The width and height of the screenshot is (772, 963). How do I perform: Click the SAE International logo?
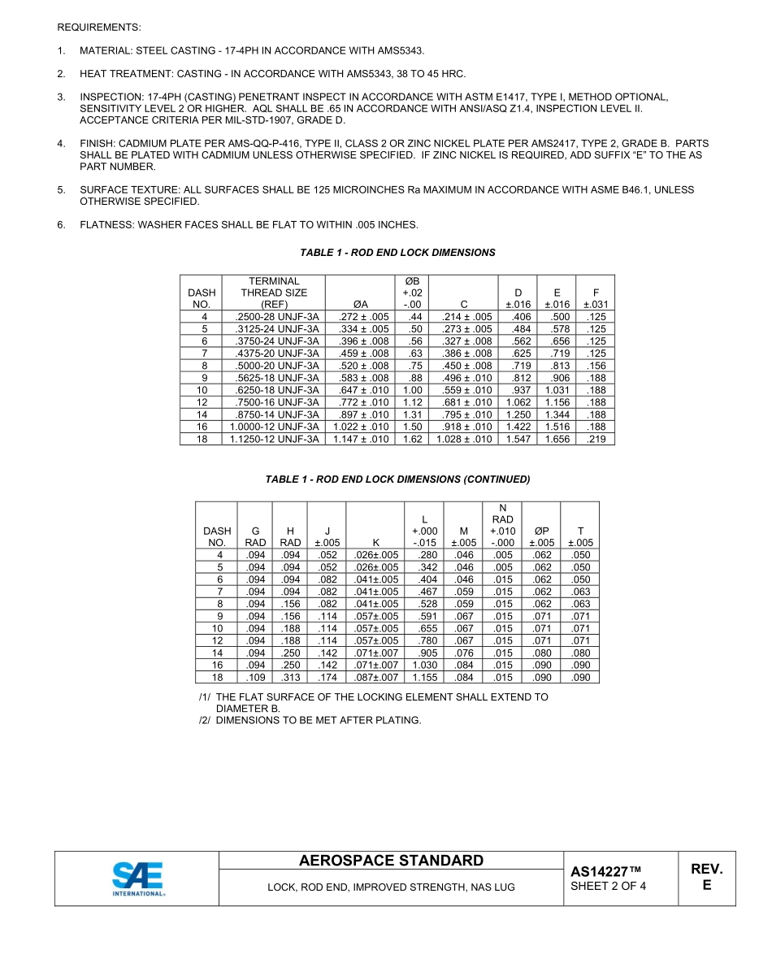137,878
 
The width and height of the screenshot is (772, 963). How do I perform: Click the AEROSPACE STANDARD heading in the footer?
391,861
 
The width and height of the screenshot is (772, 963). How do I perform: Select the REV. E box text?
706,877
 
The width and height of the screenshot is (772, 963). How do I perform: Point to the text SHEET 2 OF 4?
608,886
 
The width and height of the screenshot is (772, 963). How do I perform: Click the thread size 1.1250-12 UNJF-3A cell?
274,439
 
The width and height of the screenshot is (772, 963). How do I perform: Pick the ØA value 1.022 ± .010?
362,427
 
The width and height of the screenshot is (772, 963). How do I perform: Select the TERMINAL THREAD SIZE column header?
274,293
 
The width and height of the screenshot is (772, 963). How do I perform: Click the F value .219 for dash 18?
596,439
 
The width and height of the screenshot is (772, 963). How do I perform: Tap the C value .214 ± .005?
466,317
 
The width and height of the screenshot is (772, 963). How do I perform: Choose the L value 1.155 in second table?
425,677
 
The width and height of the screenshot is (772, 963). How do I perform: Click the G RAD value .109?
255,677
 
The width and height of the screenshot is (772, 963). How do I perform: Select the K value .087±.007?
376,677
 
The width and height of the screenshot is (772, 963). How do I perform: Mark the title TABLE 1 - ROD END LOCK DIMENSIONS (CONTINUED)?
397,479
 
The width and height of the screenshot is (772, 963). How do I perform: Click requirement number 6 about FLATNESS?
61,225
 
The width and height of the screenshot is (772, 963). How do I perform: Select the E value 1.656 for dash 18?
557,439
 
